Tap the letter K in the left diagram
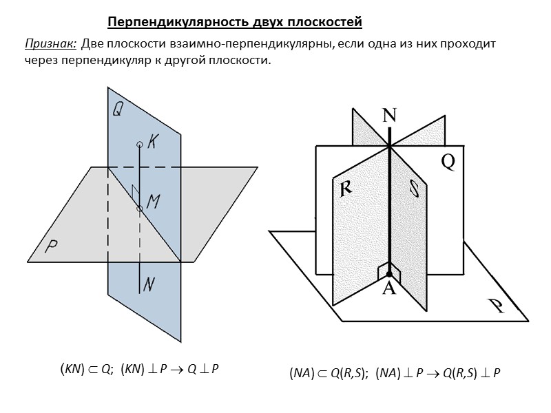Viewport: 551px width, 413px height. (154, 142)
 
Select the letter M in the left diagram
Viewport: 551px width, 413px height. (154, 202)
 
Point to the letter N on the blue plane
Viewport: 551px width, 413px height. (149, 282)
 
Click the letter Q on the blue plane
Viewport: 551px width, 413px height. (118, 109)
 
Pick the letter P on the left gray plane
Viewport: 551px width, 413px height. (51, 246)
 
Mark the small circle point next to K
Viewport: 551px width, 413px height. (140, 145)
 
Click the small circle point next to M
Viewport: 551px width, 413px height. (140, 208)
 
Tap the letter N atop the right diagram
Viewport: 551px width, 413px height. (390, 116)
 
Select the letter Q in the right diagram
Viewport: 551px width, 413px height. (448, 161)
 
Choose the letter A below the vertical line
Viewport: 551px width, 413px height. (389, 289)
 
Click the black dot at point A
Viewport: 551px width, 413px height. (389, 274)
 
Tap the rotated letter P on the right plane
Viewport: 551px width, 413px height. (495, 305)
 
